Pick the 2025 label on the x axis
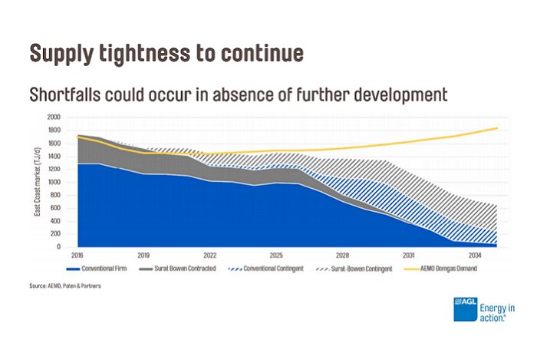(x=275, y=254)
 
